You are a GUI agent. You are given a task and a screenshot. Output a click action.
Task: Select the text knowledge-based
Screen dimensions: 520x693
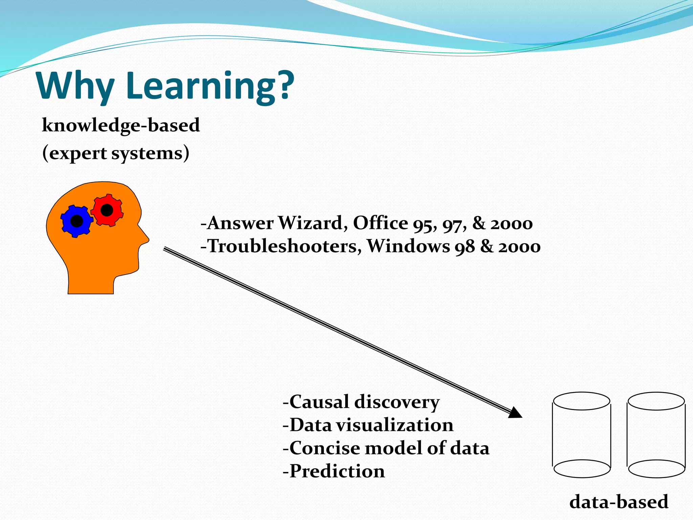pyautogui.click(x=121, y=126)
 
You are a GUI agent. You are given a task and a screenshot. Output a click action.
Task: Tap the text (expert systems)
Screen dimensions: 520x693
pyautogui.click(x=116, y=153)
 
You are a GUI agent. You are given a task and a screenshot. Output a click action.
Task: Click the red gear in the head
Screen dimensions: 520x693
pyautogui.click(x=107, y=210)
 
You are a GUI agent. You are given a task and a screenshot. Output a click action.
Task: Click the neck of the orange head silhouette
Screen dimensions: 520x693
pyautogui.click(x=91, y=281)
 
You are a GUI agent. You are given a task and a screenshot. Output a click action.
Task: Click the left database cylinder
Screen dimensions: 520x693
pyautogui.click(x=582, y=435)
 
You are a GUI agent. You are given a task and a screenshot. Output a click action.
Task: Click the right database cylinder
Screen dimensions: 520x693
pyautogui.click(x=656, y=435)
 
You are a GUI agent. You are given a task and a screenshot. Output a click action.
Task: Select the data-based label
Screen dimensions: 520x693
pyautogui.click(x=619, y=502)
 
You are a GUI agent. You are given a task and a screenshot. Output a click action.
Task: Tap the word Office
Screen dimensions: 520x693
pyautogui.click(x=381, y=223)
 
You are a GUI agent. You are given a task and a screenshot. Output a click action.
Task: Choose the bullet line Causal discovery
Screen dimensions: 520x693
pyautogui.click(x=361, y=403)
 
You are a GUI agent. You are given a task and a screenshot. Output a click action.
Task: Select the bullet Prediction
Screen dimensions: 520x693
pyautogui.click(x=334, y=471)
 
